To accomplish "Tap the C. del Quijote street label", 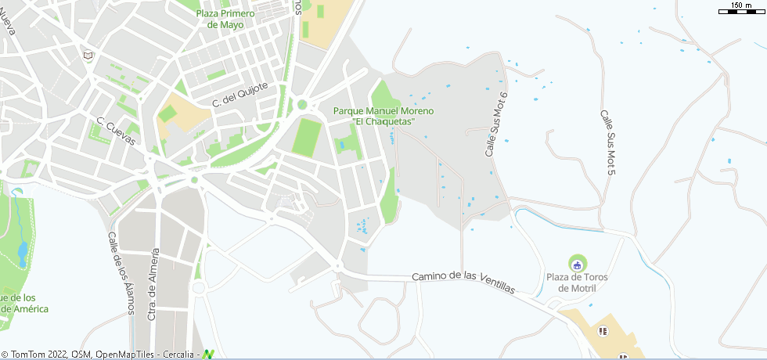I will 240,94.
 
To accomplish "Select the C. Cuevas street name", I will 117,131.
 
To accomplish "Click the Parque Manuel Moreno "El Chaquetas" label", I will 383,117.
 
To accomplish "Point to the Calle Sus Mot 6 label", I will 496,124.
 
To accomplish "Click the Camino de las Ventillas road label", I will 464,282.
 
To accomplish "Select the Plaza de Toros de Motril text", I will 577,283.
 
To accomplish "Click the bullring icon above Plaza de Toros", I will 578,261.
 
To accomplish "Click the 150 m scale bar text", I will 741,5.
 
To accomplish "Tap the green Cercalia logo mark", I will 209,354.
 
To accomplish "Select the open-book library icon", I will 88,56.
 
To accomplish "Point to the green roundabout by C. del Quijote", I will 302,104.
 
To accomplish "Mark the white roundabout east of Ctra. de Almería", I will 199,288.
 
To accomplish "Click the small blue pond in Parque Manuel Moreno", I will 341,145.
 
